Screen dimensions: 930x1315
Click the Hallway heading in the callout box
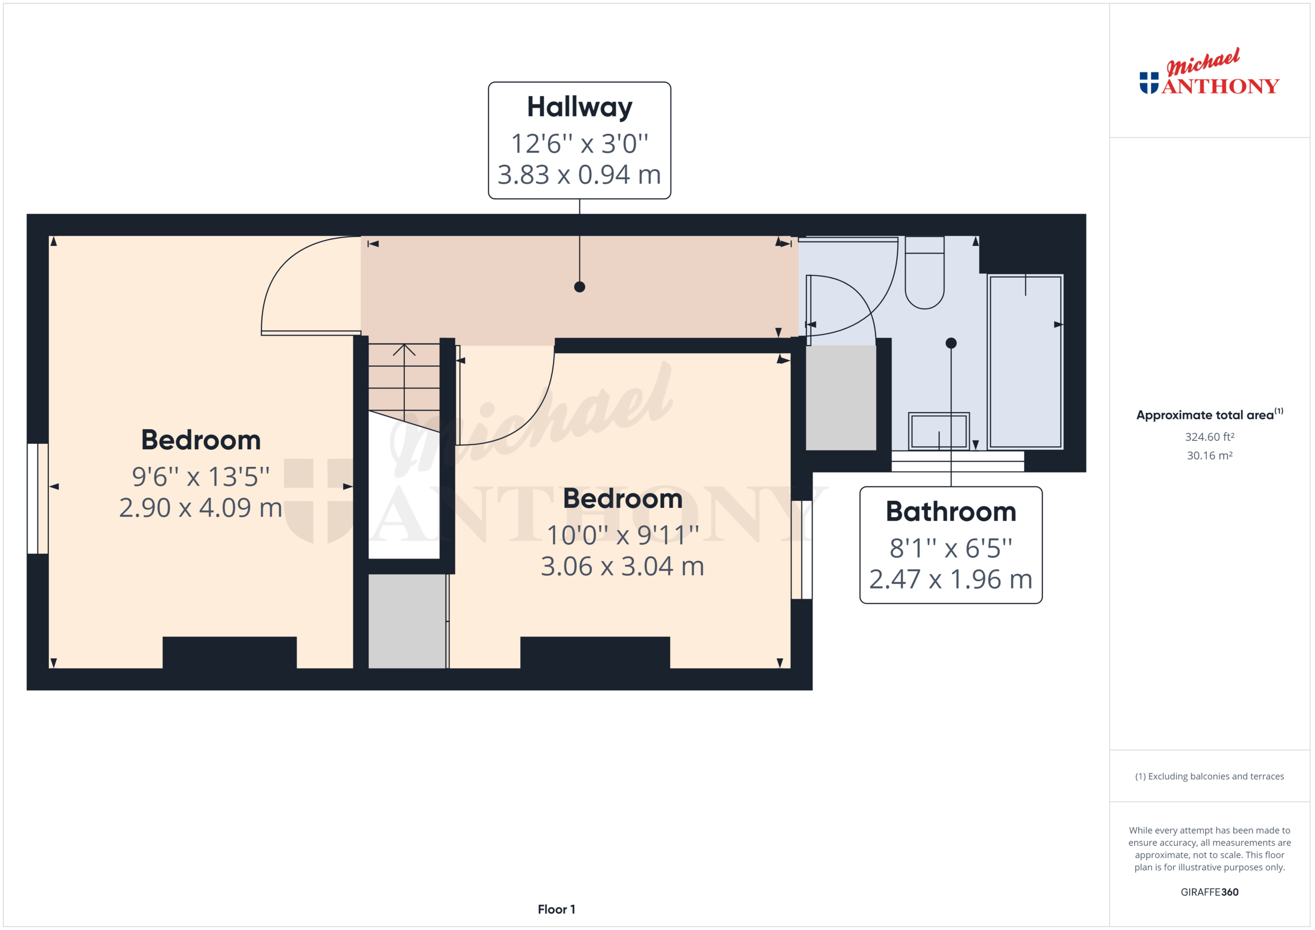pyautogui.click(x=579, y=107)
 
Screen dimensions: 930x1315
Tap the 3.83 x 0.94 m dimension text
pyautogui.click(x=579, y=175)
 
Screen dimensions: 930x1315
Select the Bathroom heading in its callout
pyautogui.click(x=951, y=511)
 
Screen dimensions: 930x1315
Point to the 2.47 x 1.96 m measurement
pyautogui.click(x=951, y=580)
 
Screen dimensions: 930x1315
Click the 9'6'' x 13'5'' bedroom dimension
pyautogui.click(x=200, y=477)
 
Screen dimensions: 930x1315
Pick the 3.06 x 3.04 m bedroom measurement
pyautogui.click(x=623, y=566)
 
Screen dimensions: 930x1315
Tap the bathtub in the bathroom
pyautogui.click(x=1025, y=362)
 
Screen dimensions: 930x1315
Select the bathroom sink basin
pyautogui.click(x=938, y=431)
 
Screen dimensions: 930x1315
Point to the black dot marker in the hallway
pyautogui.click(x=579, y=287)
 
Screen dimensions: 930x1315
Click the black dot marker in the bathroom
pyautogui.click(x=951, y=343)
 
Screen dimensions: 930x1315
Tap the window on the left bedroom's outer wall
pyautogui.click(x=38, y=498)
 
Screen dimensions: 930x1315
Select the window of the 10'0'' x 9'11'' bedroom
pyautogui.click(x=801, y=550)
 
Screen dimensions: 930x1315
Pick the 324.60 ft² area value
pyautogui.click(x=1209, y=437)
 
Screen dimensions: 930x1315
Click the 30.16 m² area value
pyautogui.click(x=1209, y=456)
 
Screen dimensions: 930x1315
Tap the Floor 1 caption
pyautogui.click(x=556, y=909)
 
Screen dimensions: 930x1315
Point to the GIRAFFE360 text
pyautogui.click(x=1209, y=892)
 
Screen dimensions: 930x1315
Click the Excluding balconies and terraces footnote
pyautogui.click(x=1209, y=776)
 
